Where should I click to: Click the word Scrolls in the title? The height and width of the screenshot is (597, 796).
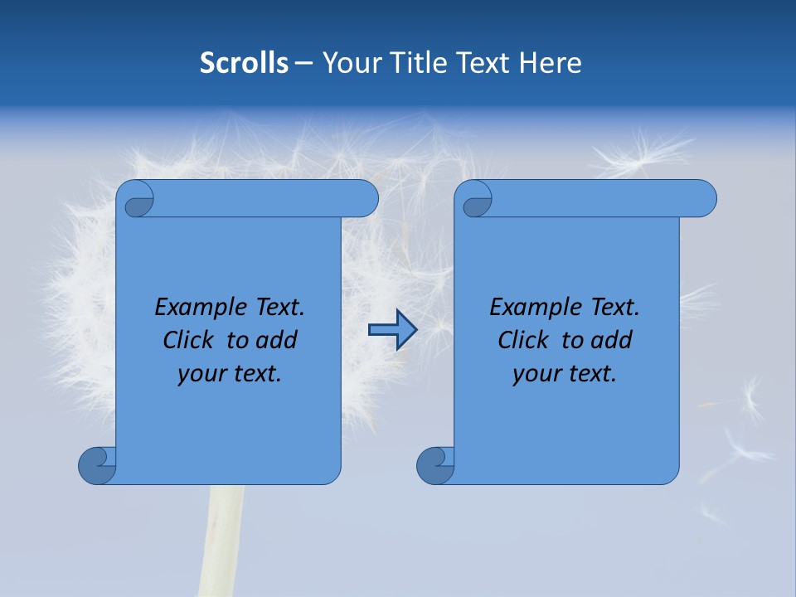pos(245,63)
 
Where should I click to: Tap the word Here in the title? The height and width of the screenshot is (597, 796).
pos(551,63)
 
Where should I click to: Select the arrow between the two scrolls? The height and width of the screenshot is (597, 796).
pos(392,330)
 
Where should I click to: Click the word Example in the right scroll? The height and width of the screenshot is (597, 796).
pos(531,308)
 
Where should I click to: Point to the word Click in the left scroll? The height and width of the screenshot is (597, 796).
pos(190,340)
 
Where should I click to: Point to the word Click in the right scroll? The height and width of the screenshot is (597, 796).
pos(524,340)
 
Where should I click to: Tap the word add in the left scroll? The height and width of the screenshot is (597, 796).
pos(275,340)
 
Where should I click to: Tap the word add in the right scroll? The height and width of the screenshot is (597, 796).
pos(610,340)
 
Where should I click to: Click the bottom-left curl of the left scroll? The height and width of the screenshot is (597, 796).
pos(97,465)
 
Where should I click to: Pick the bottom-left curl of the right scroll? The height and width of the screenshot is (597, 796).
pos(434,465)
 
